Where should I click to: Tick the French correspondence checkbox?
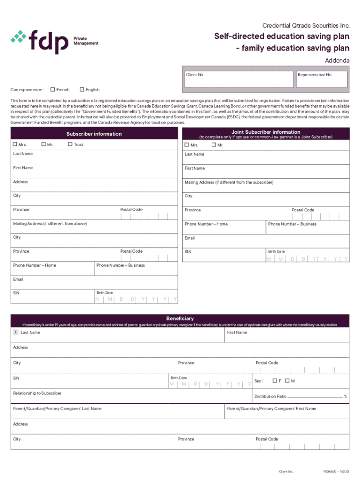[x=53, y=90]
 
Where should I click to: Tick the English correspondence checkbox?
[x=82, y=90]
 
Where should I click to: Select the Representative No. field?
[x=322, y=80]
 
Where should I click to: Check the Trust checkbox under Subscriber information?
[x=71, y=145]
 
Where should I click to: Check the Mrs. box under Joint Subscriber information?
[x=187, y=145]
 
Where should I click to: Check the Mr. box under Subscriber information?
[x=44, y=145]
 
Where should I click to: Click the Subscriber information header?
[x=94, y=134]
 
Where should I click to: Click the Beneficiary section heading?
[x=180, y=319]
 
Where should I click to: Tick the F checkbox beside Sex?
[x=275, y=381]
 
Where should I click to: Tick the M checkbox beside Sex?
[x=288, y=381]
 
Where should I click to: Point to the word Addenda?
[x=337, y=61]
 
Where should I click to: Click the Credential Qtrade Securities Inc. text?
[x=306, y=25]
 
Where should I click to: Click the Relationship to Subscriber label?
[x=37, y=393]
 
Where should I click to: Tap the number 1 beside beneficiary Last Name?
[x=16, y=333]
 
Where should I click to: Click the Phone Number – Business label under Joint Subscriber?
[x=292, y=224]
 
